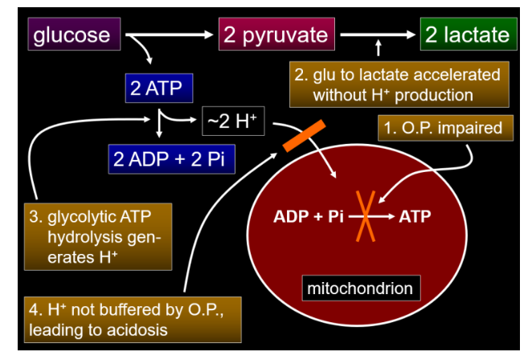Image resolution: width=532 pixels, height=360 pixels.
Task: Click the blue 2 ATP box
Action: pyautogui.click(x=159, y=88)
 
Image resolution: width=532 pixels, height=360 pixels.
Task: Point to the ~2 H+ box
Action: pyautogui.click(x=232, y=123)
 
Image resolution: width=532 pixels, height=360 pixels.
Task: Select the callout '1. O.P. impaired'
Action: pyautogui.click(x=444, y=127)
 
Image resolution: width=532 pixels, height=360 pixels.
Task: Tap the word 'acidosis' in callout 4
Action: pyautogui.click(x=142, y=330)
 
